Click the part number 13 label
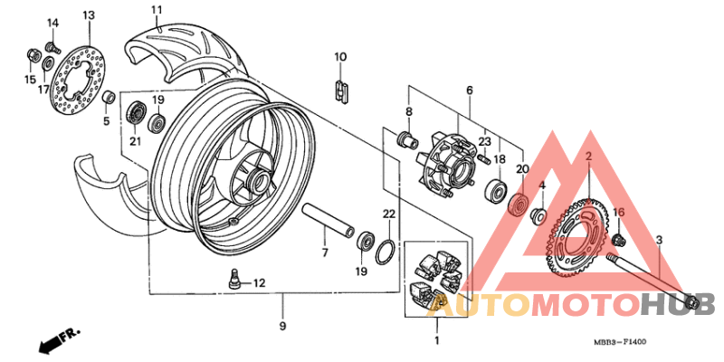pyautogui.click(x=88, y=15)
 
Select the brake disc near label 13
pyautogui.click(x=76, y=77)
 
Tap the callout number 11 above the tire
pyautogui.click(x=156, y=10)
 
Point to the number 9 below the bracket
pyautogui.click(x=282, y=325)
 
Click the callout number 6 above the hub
pyautogui.click(x=470, y=90)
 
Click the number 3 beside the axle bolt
pyautogui.click(x=659, y=240)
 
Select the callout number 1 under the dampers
pyautogui.click(x=436, y=341)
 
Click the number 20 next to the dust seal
pyautogui.click(x=521, y=168)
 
